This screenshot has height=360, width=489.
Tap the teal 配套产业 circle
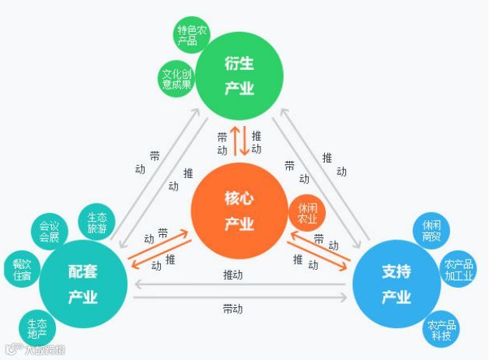82,284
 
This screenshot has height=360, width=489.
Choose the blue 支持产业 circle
396,284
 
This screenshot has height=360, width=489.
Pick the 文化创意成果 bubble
176,79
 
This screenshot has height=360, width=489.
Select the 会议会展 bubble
50,231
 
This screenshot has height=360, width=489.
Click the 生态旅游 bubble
97,222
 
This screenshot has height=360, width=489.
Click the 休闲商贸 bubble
432,231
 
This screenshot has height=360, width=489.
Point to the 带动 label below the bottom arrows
232,309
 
